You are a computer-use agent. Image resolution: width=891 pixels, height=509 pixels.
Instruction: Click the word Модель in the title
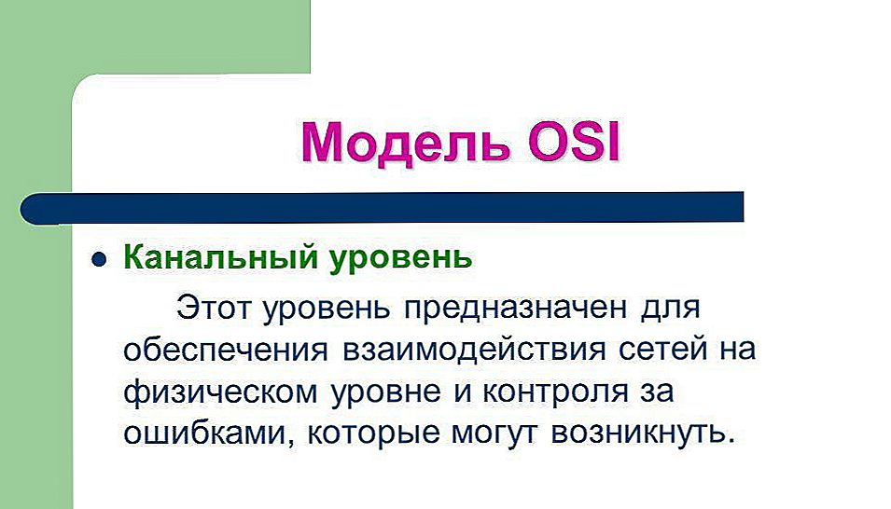click(406, 143)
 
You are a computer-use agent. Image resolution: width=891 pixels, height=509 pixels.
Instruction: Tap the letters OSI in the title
click(573, 141)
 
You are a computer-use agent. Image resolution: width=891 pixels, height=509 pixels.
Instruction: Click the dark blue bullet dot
click(99, 259)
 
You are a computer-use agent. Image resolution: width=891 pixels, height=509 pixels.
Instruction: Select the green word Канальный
click(220, 257)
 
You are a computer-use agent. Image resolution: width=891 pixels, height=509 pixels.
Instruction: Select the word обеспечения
click(226, 350)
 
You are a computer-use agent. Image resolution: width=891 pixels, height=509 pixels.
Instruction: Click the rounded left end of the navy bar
click(22, 209)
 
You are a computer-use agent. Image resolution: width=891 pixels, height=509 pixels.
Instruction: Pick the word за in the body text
click(658, 393)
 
